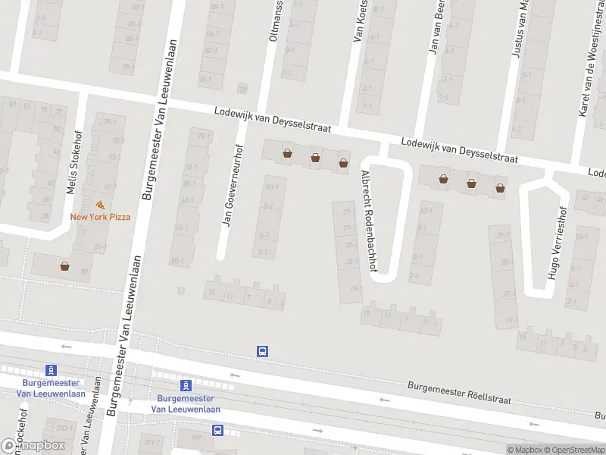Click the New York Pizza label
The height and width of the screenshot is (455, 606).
100,217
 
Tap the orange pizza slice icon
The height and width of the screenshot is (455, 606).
100,205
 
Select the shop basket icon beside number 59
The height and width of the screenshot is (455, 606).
65,266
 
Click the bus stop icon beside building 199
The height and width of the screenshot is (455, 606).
218,430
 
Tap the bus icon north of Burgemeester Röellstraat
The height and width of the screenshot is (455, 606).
262,351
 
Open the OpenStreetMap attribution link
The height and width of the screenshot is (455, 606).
573,450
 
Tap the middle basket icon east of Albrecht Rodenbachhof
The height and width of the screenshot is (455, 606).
471,183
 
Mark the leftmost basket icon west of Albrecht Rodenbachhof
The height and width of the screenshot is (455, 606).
287,153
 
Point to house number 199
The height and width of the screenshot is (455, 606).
195,437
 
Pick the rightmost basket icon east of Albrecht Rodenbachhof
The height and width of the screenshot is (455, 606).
500,187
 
